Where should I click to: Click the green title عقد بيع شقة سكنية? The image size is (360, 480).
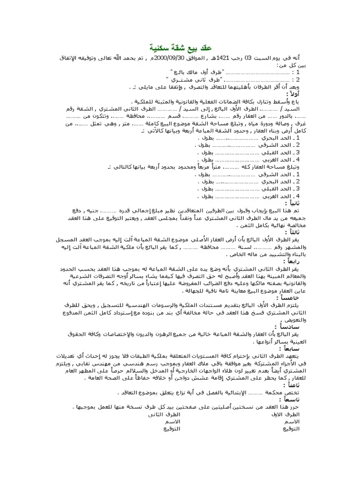180,48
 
